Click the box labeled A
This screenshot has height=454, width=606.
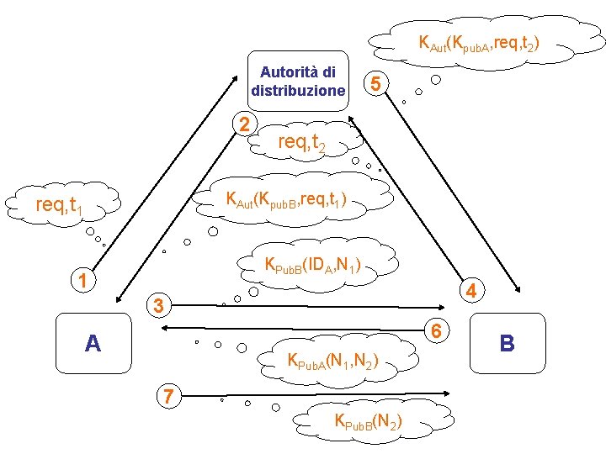93,343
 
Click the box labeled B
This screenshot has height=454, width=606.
507,343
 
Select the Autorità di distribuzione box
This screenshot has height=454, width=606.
298,82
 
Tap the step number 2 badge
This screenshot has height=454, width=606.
244,124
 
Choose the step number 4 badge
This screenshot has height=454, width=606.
473,291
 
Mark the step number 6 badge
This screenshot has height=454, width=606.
436,330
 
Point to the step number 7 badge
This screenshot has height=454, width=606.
169,394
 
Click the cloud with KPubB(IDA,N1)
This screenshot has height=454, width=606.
313,267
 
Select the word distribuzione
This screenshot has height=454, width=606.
298,90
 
